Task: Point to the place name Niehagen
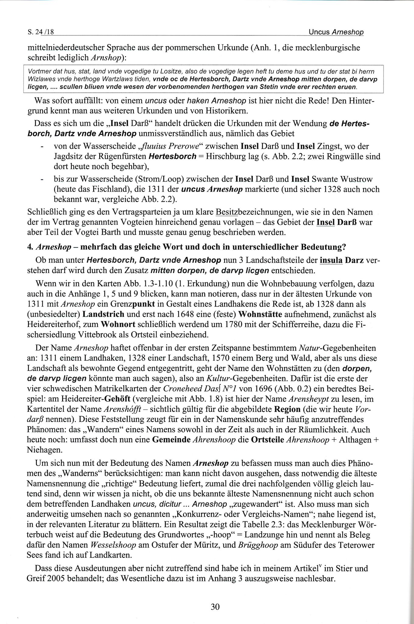click(44, 450)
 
